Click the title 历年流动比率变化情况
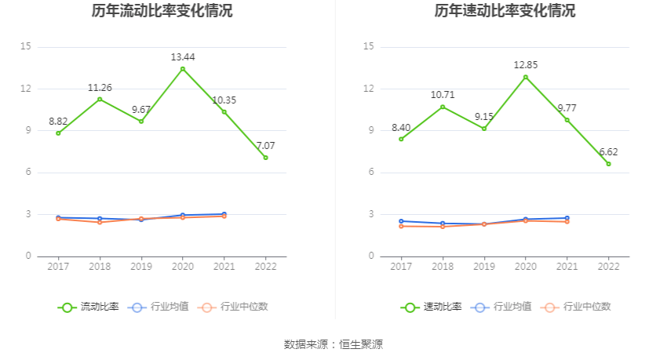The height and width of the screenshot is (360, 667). pos(162,11)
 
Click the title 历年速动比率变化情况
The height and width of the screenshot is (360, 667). pos(505,11)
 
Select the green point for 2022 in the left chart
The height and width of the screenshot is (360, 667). pos(265,158)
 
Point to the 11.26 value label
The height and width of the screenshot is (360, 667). pos(100,87)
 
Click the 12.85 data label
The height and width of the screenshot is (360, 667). pos(525,64)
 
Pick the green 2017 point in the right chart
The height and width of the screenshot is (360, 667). pos(401,139)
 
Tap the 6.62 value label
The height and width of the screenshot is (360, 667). pos(608,151)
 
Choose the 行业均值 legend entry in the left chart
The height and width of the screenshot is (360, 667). pos(159,307)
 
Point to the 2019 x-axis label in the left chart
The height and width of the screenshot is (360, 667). pos(141,267)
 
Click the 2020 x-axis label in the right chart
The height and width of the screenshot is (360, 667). pos(525,267)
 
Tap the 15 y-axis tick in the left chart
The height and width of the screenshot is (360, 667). pos(26,47)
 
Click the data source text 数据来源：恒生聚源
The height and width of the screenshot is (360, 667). pos(333,344)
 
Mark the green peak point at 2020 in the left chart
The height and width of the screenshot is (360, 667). pos(183,69)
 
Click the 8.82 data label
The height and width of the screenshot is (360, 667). pos(58,121)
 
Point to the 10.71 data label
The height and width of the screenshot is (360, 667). pos(443,95)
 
